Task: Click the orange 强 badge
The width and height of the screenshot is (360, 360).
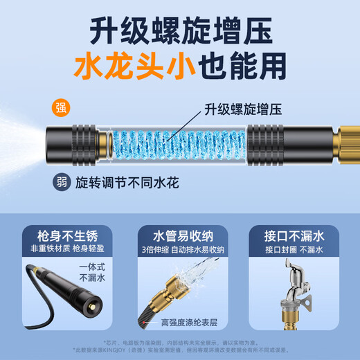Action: pyautogui.click(x=62, y=107)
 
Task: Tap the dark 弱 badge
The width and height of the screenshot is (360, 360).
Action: pyautogui.click(x=62, y=183)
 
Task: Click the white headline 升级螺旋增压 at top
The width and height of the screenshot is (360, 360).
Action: pyautogui.click(x=180, y=30)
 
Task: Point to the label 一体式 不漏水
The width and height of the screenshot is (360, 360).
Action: pyautogui.click(x=82, y=273)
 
